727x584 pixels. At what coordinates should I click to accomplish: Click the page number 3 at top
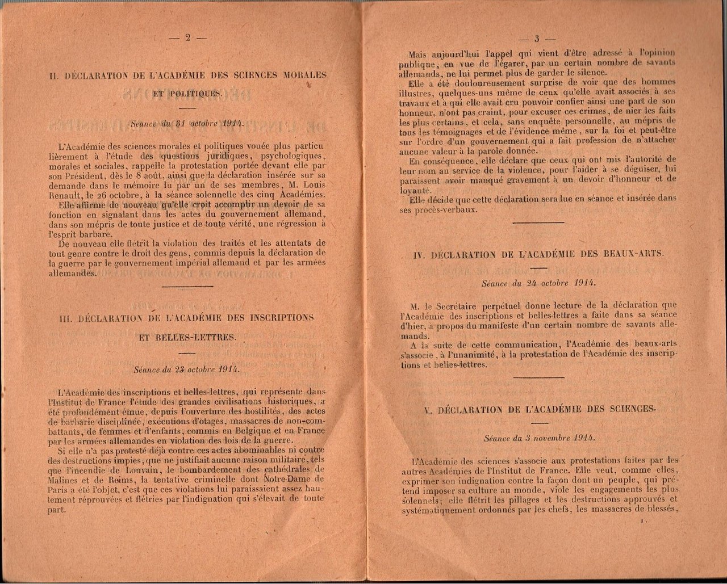536,39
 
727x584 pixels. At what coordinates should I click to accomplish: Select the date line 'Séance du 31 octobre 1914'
187,123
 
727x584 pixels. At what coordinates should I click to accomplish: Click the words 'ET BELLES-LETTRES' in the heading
187,337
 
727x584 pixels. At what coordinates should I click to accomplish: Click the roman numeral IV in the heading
419,256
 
